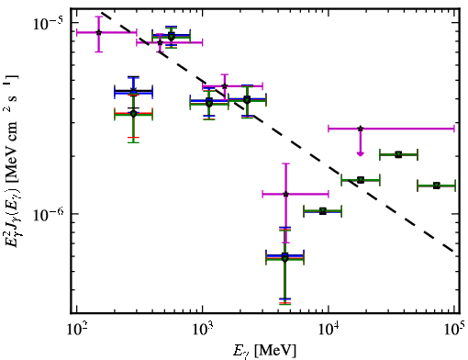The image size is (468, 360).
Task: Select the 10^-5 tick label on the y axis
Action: [x=48, y=23]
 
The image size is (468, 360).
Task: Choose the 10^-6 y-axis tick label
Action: [x=48, y=214]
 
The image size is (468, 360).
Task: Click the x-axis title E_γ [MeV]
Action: [x=264, y=351]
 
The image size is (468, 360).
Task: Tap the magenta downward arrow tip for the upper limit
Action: [x=361, y=155]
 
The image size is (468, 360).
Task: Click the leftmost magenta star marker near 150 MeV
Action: [x=98, y=32]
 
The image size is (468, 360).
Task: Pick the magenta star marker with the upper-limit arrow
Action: [x=361, y=129]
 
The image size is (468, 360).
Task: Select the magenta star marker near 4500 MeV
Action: [x=285, y=194]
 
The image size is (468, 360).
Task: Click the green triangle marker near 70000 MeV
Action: [x=437, y=186]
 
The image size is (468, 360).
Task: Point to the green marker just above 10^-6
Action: [x=323, y=211]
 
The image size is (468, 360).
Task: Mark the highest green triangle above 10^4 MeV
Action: [x=398, y=154]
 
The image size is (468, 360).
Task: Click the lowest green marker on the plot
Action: [x=284, y=259]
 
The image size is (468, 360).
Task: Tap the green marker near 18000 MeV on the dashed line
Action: [x=361, y=180]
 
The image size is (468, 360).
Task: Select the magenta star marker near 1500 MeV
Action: [x=225, y=86]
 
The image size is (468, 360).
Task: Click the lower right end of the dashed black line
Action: [x=452, y=251]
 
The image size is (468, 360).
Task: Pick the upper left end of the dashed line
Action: [x=102, y=13]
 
